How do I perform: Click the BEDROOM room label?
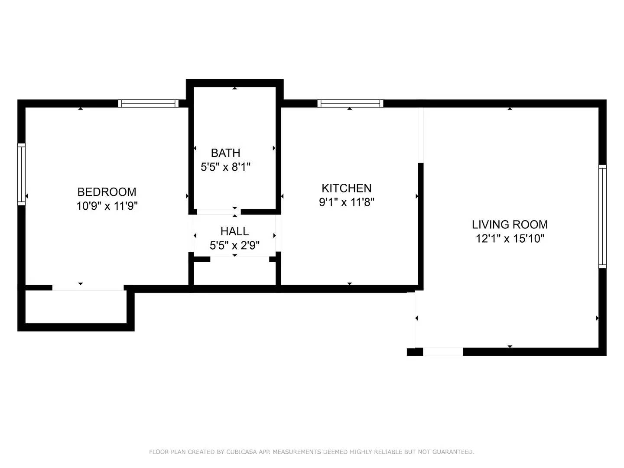point(107,192)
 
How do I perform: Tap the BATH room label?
point(225,153)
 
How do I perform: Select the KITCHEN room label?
point(347,188)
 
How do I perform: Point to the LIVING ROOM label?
point(510,224)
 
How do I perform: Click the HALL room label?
point(234,231)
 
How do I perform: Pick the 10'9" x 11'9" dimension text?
point(107,206)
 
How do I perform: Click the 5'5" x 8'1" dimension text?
point(225,167)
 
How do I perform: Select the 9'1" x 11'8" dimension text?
point(347,202)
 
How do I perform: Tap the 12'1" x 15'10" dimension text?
point(510,238)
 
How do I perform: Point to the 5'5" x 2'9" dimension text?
point(234,245)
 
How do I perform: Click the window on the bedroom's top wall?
point(148,104)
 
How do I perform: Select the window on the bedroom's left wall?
point(22,174)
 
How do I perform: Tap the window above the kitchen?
point(350,104)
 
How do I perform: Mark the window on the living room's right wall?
point(602,217)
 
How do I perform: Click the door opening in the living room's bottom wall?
point(443,351)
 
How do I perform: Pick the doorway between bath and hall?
point(218,212)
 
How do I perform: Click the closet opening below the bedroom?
point(88,288)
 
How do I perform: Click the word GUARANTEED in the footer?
point(453,452)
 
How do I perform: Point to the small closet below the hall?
point(234,273)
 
